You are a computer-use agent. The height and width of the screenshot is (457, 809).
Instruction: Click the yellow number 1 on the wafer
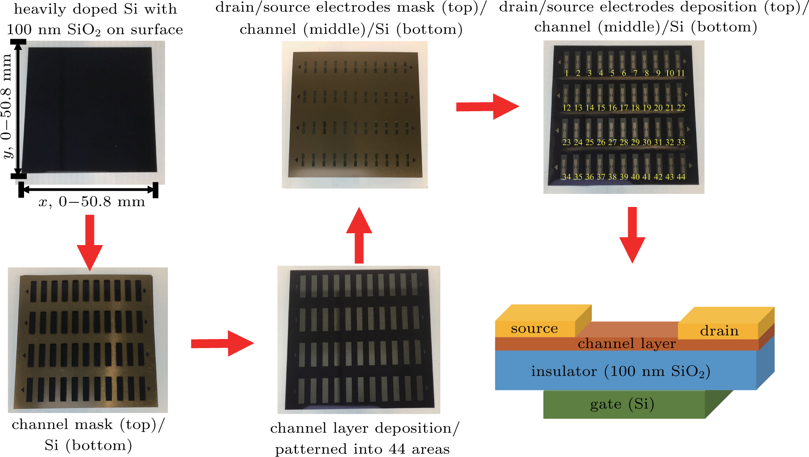(x=566, y=73)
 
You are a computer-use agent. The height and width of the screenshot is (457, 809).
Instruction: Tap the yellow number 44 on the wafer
(x=681, y=177)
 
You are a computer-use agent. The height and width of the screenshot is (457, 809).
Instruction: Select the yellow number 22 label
(x=681, y=108)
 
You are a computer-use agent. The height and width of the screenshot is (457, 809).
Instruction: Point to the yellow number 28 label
(x=624, y=143)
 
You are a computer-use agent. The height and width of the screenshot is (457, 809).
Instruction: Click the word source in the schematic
(x=534, y=329)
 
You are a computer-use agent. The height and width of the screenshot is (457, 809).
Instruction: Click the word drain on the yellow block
(x=719, y=331)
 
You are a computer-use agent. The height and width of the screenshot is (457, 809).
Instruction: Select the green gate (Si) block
(x=622, y=404)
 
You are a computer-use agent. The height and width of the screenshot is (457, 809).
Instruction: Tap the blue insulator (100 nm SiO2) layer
(x=620, y=371)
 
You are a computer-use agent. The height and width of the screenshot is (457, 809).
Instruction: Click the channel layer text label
(x=626, y=344)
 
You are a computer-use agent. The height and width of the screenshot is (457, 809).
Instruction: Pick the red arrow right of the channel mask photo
(x=222, y=344)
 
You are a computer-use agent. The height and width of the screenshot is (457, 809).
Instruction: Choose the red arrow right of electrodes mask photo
(x=487, y=107)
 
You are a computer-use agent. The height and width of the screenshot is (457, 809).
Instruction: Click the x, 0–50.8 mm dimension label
(x=92, y=202)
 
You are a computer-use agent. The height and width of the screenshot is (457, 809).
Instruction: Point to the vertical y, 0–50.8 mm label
(x=7, y=107)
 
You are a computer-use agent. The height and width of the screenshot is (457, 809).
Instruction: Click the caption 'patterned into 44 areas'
(x=362, y=449)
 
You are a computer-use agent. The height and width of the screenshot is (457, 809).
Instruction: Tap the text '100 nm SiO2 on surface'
(x=95, y=30)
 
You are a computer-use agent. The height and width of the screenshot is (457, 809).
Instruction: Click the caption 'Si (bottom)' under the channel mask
(x=88, y=445)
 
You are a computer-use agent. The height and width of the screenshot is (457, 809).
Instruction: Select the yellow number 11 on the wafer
(x=681, y=73)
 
